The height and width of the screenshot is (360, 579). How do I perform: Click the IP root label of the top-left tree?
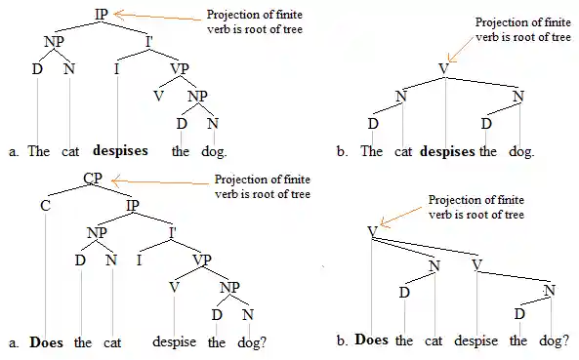(102, 14)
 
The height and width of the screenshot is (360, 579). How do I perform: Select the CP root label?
(94, 180)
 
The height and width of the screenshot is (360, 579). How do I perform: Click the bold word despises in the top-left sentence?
(121, 151)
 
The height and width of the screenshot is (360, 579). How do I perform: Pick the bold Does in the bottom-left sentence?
(47, 342)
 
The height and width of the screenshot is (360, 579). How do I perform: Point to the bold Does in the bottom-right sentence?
(372, 340)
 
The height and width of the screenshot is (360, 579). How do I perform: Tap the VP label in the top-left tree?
(180, 68)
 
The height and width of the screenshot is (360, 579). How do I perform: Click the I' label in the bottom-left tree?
(173, 232)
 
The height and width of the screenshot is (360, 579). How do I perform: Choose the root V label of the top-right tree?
(444, 68)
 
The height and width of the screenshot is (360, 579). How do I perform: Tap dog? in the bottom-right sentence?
(553, 340)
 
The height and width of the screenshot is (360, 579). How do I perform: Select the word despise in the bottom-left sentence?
(176, 342)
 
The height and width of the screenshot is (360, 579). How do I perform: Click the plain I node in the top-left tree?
(117, 68)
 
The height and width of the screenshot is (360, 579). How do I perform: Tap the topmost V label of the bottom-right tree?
(372, 231)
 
